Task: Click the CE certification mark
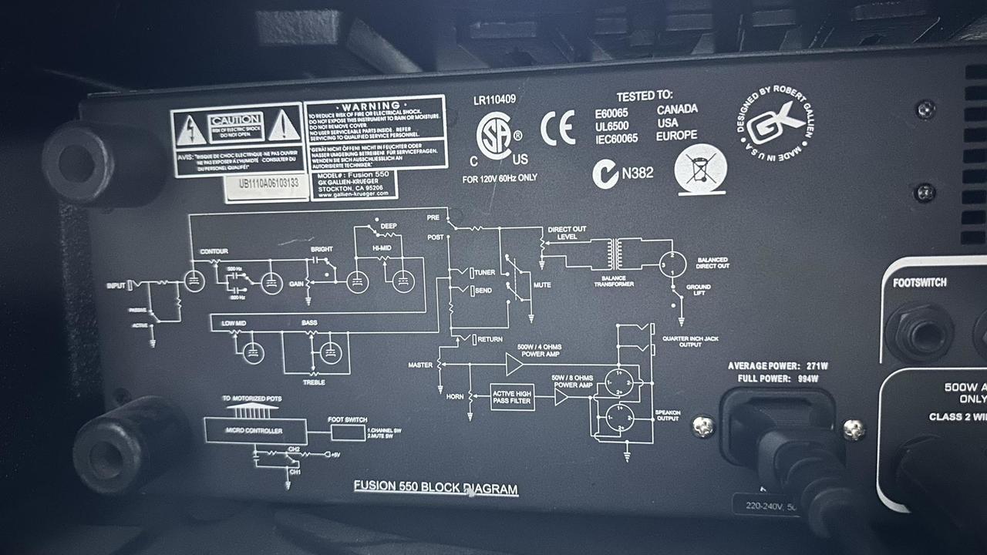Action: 558,128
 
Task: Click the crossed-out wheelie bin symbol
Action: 700,169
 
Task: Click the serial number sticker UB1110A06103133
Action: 268,184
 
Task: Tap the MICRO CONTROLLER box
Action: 254,430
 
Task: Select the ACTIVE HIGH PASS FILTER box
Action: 512,397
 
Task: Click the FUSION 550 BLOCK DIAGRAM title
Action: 436,487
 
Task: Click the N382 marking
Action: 637,173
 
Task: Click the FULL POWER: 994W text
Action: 778,378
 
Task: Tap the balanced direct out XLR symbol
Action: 672,264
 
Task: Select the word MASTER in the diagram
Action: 420,365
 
